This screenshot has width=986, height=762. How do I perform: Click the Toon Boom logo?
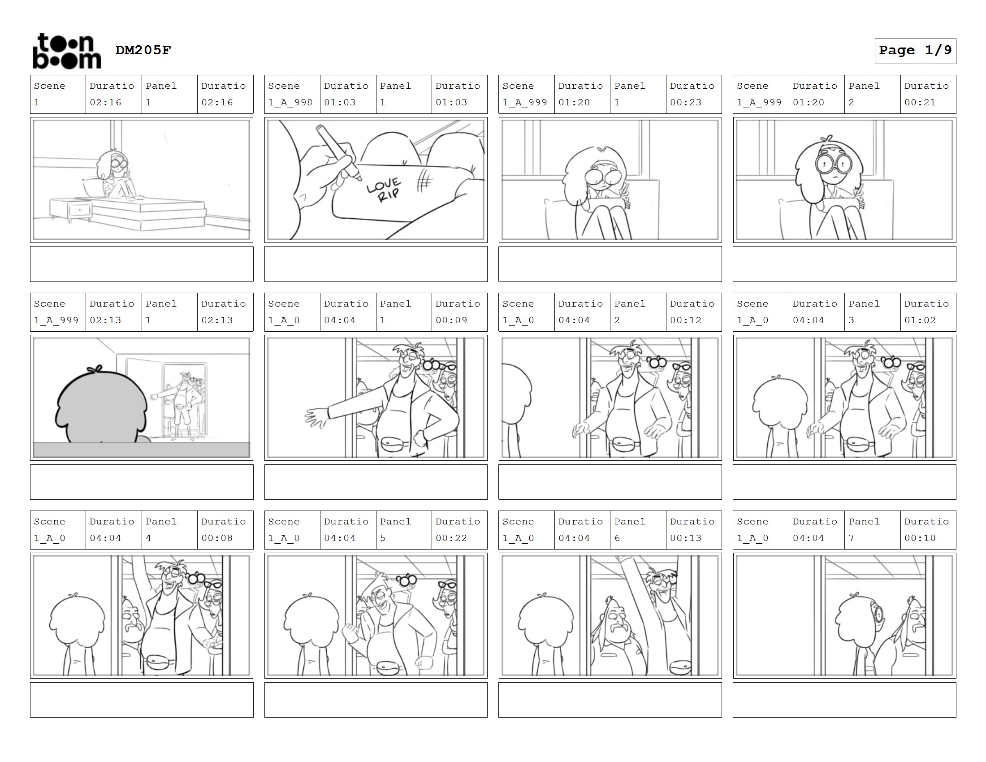click(67, 51)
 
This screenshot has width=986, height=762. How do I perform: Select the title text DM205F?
click(143, 50)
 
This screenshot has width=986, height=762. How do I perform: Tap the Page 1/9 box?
click(915, 51)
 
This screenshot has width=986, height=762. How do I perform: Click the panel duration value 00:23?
click(685, 103)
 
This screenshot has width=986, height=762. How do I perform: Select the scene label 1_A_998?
click(290, 103)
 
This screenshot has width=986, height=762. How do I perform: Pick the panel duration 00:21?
click(920, 103)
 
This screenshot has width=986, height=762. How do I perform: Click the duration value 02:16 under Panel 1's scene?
click(105, 103)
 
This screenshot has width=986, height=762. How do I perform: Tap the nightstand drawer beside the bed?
click(80, 210)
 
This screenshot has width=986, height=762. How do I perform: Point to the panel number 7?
click(851, 538)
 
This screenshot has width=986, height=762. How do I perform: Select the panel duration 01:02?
click(920, 320)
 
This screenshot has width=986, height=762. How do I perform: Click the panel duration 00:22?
click(451, 538)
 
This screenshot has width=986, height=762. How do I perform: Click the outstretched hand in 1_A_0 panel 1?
click(316, 417)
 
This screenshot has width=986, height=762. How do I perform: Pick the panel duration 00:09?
click(451, 320)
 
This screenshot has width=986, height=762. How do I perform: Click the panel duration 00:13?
click(685, 538)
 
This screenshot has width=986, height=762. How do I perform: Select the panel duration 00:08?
click(217, 538)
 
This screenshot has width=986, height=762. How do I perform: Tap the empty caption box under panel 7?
click(844, 700)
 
